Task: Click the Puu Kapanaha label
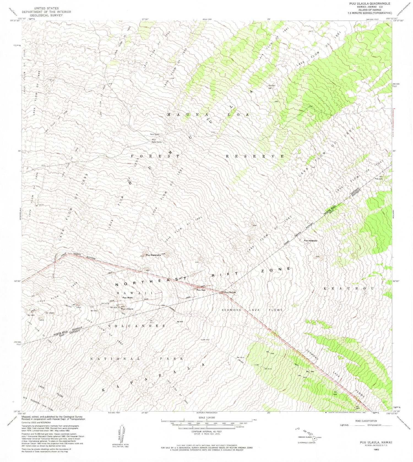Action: pos(153,255)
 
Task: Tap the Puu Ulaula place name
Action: pos(127,309)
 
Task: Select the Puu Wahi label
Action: pos(127,298)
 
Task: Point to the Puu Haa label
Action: pos(201,290)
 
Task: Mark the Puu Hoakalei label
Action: pos(311,241)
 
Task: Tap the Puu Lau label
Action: pos(379,179)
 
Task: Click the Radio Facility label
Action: pos(156,142)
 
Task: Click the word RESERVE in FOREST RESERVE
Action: pos(255,156)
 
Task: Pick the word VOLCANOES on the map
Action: pos(136,326)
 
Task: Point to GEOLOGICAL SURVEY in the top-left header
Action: pos(42,15)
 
